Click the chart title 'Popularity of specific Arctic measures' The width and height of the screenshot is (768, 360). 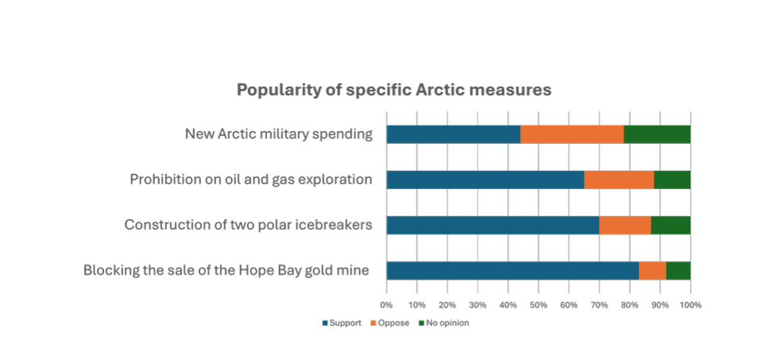[394, 91]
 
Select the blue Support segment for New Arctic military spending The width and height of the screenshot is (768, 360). [453, 134]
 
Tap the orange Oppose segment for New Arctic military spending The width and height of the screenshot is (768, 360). [572, 134]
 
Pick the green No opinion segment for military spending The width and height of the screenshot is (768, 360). [657, 134]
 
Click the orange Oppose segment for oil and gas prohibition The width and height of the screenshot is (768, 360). [619, 180]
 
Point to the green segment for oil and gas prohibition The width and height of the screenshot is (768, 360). [673, 180]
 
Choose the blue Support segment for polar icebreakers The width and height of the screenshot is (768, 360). [493, 226]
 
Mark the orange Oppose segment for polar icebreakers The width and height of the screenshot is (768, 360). [626, 226]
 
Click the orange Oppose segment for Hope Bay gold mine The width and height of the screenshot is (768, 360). [653, 270]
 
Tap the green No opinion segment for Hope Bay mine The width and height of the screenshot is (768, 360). [678, 270]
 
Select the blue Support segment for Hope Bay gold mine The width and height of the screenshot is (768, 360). [513, 270]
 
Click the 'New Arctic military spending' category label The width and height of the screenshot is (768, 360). [279, 134]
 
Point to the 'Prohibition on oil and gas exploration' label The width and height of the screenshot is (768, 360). [251, 180]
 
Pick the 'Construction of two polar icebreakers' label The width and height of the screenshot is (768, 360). [248, 225]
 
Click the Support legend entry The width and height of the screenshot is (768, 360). [342, 323]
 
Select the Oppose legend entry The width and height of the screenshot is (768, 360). [390, 323]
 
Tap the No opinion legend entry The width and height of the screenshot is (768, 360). [444, 323]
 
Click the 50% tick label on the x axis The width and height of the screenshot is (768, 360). [538, 304]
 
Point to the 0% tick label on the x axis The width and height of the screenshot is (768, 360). [387, 304]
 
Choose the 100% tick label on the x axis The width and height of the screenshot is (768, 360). [691, 304]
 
